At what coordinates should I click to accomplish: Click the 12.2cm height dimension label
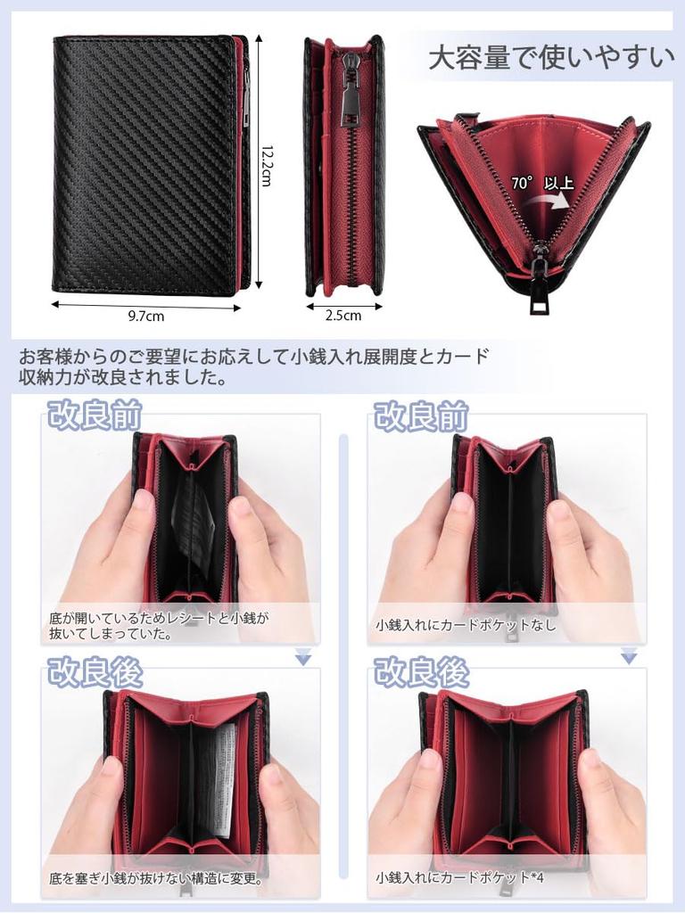point(265,166)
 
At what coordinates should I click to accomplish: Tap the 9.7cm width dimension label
point(146,315)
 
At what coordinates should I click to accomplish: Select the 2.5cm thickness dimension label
point(343,315)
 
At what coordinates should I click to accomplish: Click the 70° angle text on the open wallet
point(523,183)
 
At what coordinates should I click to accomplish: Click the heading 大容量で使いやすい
point(550,59)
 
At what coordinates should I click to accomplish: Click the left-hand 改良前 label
point(95,415)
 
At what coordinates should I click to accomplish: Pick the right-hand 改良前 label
point(421,415)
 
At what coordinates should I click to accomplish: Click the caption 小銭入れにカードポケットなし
point(466,625)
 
